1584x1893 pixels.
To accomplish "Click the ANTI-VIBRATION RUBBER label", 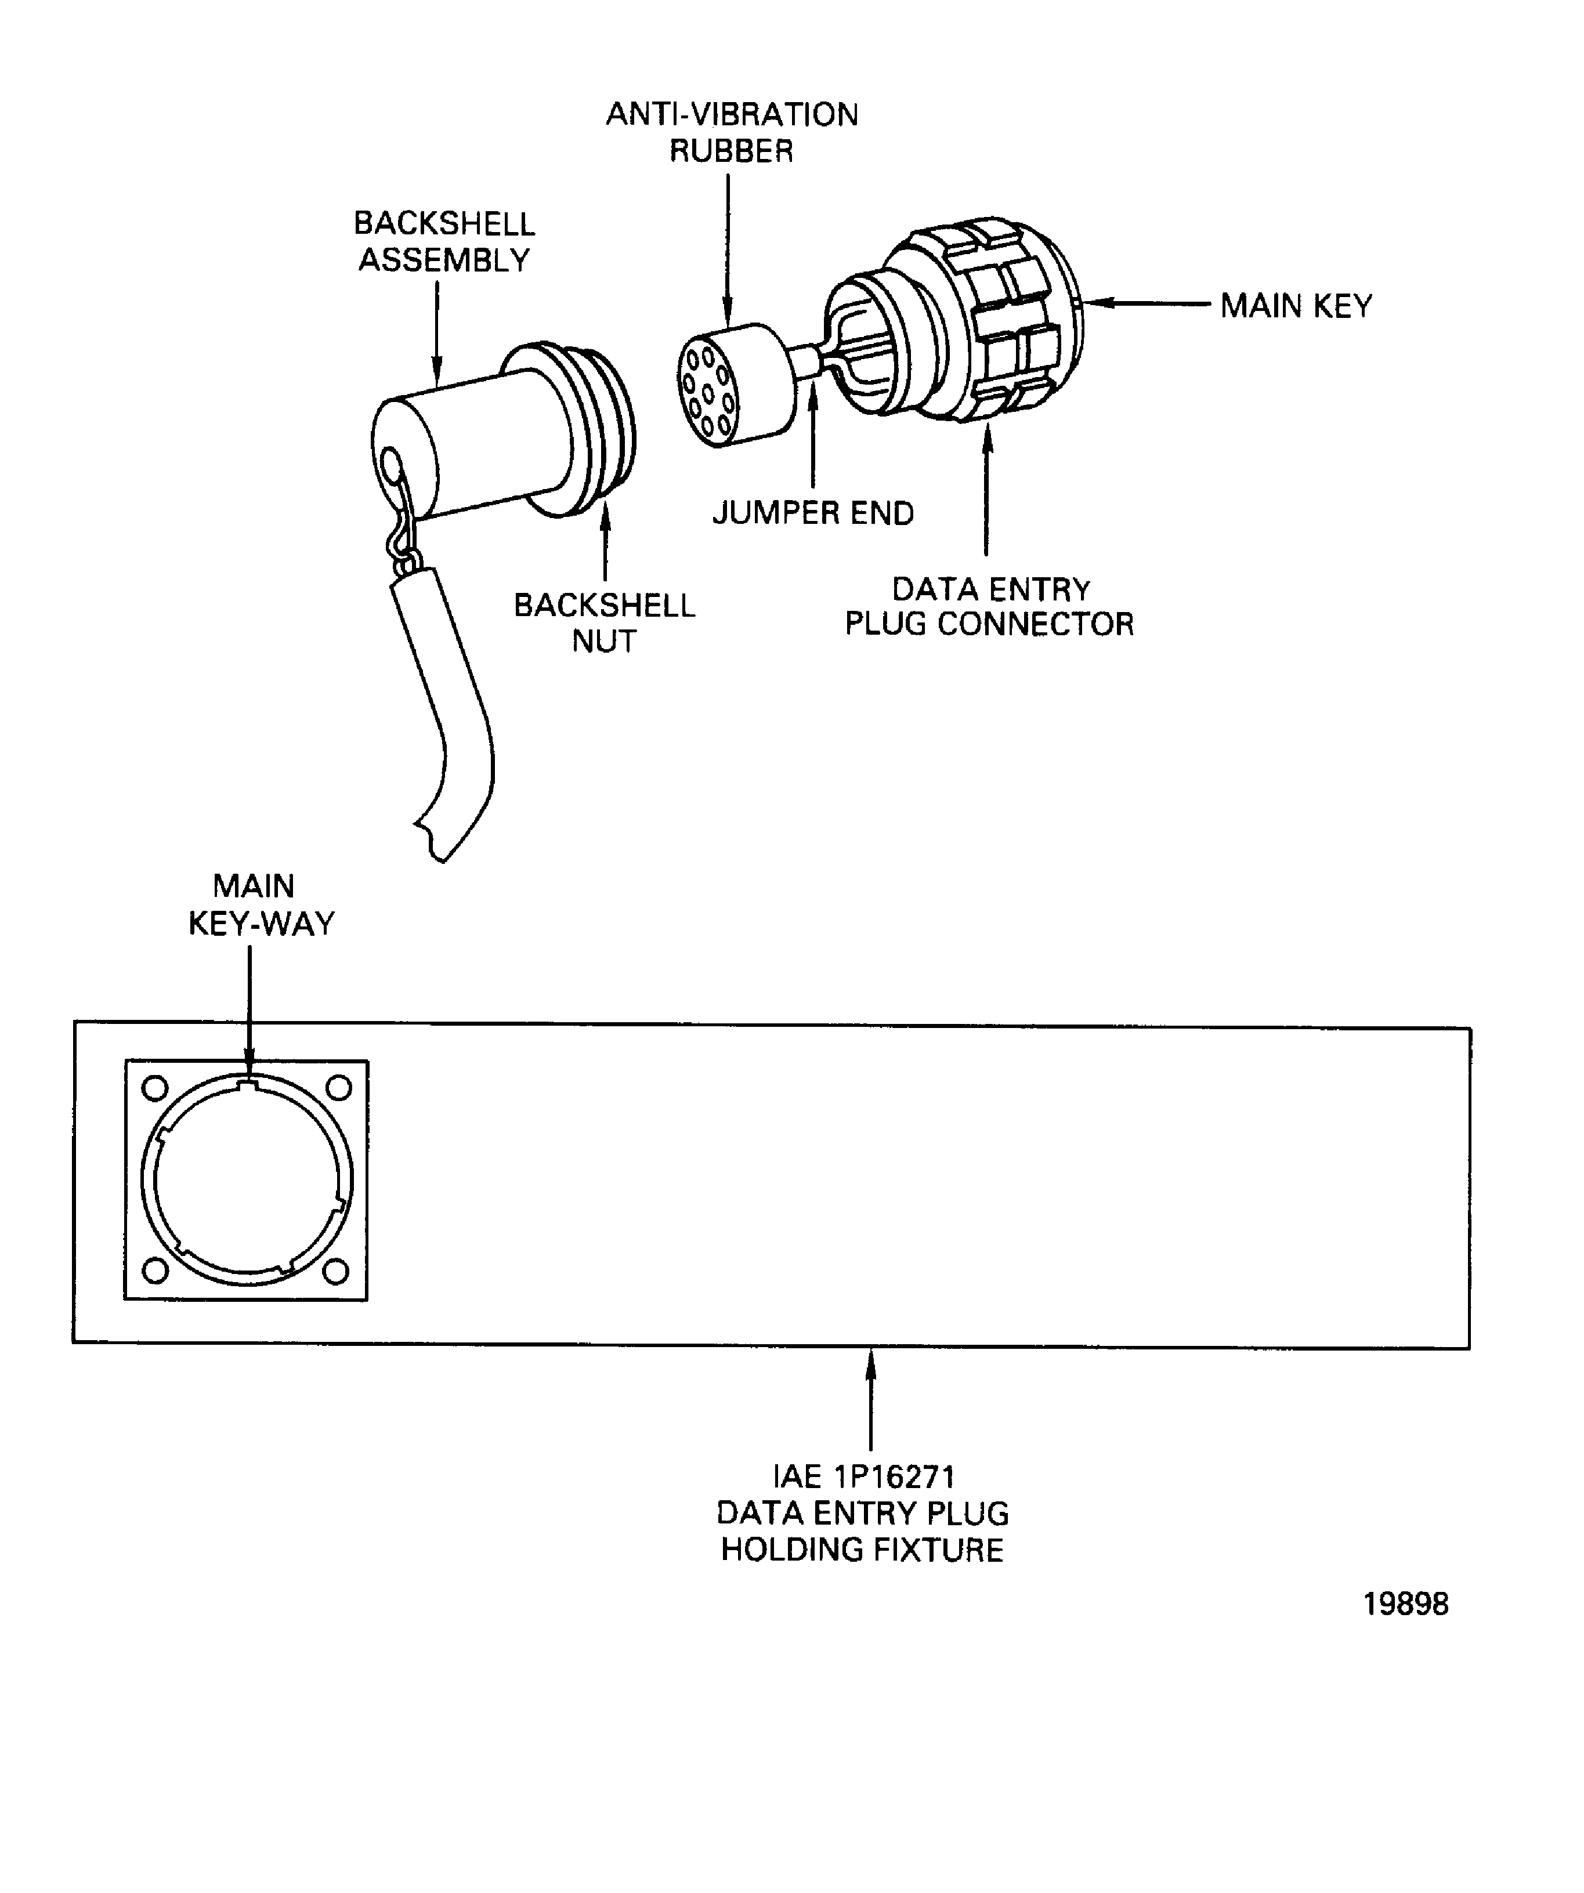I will pos(731,132).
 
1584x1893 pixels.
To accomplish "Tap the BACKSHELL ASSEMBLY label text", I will pos(443,241).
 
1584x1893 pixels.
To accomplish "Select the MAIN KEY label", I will pos(1296,306).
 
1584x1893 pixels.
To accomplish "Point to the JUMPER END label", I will pos(812,513).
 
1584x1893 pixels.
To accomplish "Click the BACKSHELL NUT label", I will pos(604,623).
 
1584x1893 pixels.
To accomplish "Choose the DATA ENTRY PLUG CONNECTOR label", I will pos(989,607).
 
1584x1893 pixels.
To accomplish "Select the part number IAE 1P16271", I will pos(863,1476).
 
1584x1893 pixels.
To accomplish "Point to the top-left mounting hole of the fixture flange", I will pos(155,1088).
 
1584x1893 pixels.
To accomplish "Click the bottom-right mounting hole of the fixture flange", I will pos(335,1272).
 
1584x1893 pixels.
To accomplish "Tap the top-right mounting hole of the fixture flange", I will pos(338,1088).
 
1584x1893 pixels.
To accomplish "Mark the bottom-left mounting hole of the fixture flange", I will pos(155,1271).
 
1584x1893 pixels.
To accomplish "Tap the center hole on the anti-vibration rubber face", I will pos(708,394).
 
